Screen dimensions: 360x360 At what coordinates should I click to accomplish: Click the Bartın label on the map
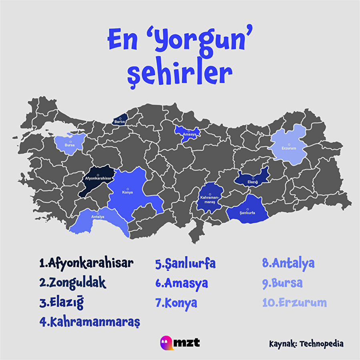tap(120, 121)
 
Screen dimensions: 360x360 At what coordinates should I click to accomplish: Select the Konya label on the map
tap(127, 192)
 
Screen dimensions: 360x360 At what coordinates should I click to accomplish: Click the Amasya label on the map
tap(189, 135)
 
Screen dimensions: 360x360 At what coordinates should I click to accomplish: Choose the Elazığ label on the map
tap(252, 182)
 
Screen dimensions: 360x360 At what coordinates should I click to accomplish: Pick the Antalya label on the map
tap(98, 217)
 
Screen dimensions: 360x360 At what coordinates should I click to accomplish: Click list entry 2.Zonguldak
tap(73, 282)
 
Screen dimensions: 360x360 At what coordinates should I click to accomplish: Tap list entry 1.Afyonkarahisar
tap(86, 263)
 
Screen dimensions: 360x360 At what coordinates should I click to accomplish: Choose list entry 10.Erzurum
tap(294, 302)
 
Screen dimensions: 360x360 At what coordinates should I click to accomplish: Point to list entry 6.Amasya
tap(182, 283)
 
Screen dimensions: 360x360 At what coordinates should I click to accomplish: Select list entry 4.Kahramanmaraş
tap(91, 322)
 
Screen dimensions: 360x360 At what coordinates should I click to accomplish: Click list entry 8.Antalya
tap(288, 263)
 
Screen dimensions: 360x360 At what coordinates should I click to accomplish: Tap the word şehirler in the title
tap(180, 74)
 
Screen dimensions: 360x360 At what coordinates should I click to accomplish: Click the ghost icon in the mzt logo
tap(165, 342)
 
